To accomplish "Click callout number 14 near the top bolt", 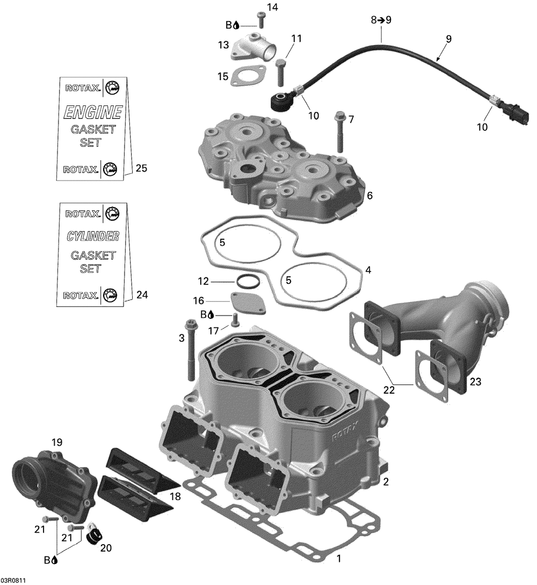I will pos(272,7).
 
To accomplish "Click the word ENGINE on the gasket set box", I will pos(93,112).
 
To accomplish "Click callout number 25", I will pos(141,169).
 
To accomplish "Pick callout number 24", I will pos(142,295).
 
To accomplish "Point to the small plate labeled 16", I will pos(248,302).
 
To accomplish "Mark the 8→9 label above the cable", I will pos(381,20).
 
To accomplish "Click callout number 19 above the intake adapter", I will pos(57,443).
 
